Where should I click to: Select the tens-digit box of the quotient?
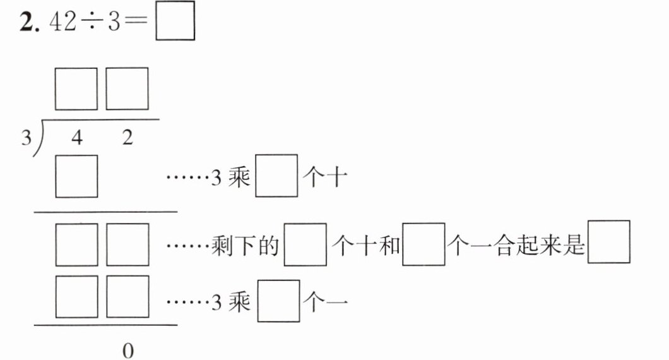click(x=76, y=89)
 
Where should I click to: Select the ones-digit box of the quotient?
click(x=127, y=89)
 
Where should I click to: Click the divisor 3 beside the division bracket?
click(x=25, y=138)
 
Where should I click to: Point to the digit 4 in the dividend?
click(x=77, y=138)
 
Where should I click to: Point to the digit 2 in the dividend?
click(x=127, y=138)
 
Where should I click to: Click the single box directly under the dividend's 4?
click(x=76, y=176)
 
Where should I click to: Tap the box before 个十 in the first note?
click(x=276, y=177)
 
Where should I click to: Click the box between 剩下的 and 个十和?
click(x=305, y=244)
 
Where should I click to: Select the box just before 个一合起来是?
click(x=423, y=244)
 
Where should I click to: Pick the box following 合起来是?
click(x=608, y=242)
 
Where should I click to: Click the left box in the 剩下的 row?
click(x=76, y=245)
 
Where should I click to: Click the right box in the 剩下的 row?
click(x=127, y=245)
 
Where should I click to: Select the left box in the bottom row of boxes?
click(x=76, y=296)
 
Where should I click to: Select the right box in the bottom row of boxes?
click(x=127, y=296)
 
